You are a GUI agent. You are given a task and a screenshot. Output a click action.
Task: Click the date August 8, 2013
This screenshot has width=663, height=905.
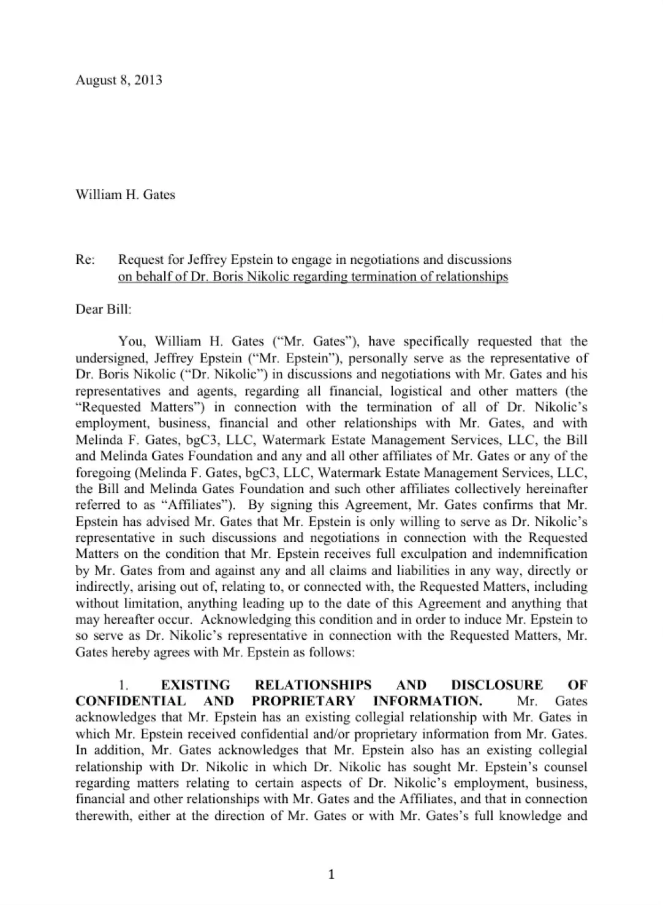click(x=118, y=80)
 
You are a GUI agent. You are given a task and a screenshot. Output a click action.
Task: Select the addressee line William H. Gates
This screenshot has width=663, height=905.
click(x=125, y=195)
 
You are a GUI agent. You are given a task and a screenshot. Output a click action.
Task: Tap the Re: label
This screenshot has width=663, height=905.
click(x=85, y=260)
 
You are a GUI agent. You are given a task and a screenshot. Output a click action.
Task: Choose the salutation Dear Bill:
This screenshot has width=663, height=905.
click(x=103, y=309)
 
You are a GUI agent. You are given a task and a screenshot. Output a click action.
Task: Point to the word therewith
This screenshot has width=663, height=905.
click(x=102, y=815)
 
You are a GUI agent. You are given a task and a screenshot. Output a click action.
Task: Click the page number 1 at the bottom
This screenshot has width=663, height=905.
click(x=331, y=874)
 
